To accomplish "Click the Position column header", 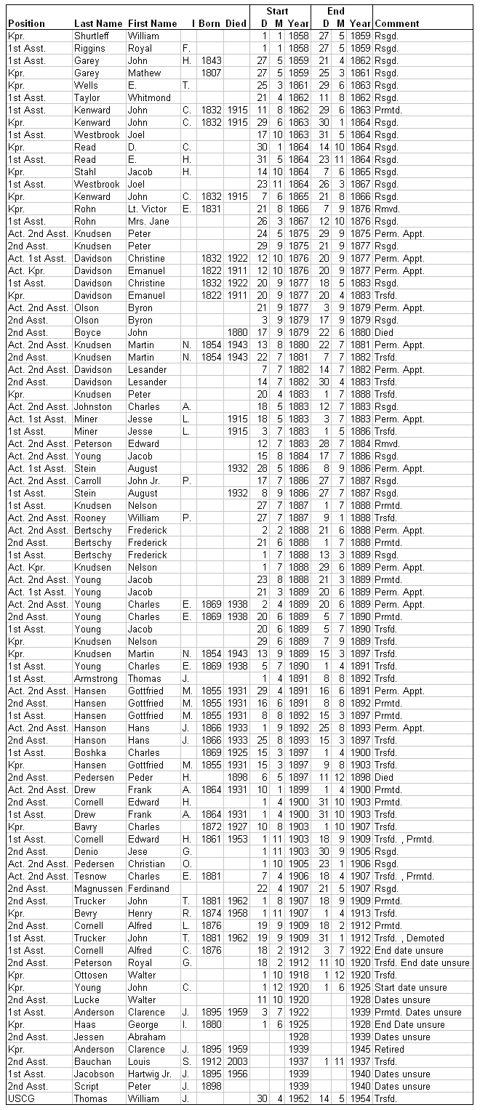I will pyautogui.click(x=26, y=23).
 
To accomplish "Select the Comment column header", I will pyautogui.click(x=396, y=23).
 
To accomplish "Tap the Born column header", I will pyautogui.click(x=209, y=23).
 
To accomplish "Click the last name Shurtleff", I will pyautogui.click(x=95, y=36).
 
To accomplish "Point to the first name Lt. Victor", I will pyautogui.click(x=147, y=209).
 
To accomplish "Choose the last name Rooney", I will pyautogui.click(x=90, y=518).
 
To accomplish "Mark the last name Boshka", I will pyautogui.click(x=89, y=752).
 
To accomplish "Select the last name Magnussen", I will pyautogui.click(x=98, y=888).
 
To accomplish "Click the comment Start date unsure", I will pyautogui.click(x=410, y=987).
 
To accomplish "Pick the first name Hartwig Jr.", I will pyautogui.click(x=152, y=1074).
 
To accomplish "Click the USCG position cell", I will pyautogui.click(x=20, y=1098).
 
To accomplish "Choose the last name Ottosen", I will pyautogui.click(x=91, y=975).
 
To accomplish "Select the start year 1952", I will pyautogui.click(x=297, y=1098).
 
